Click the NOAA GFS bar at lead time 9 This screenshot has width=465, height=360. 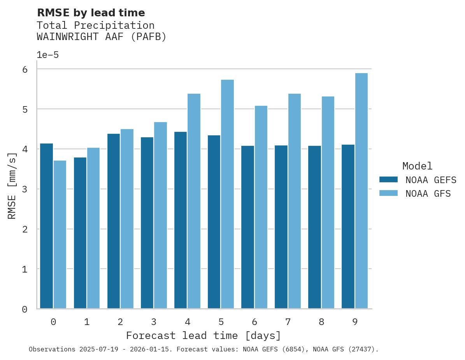coord(361,191)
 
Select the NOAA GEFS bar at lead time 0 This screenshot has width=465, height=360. coord(46,226)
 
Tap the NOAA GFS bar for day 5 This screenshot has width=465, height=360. coord(227,194)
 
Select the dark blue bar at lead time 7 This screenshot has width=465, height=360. coord(281,227)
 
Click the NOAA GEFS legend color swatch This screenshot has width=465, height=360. coord(388,180)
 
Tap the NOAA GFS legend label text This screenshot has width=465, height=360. coord(428,194)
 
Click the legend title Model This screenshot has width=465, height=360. coord(417,166)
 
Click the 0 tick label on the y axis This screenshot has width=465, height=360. coord(25,309)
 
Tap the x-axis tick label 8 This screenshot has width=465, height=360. coord(321,322)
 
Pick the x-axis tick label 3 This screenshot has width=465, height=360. coord(154,322)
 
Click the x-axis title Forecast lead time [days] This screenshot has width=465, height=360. coord(203,336)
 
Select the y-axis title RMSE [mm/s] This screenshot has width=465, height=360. coord(12,186)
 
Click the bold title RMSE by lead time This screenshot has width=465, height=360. coord(91,13)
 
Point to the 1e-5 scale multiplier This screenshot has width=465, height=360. coord(47,55)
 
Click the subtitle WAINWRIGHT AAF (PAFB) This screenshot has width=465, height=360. coord(102,37)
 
